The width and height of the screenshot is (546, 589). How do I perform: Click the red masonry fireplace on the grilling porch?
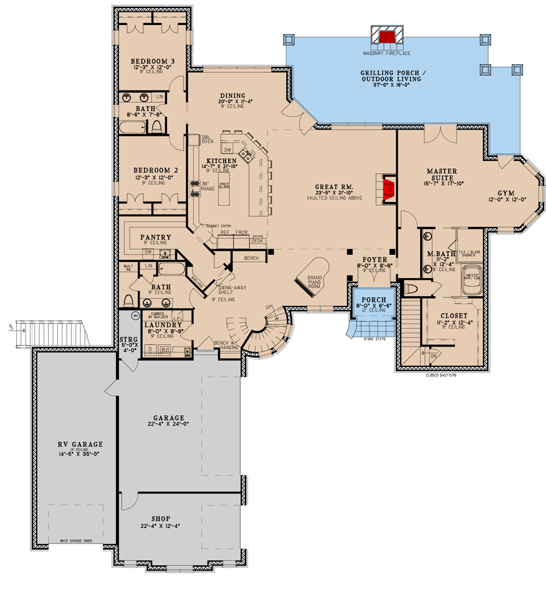pos(388,37)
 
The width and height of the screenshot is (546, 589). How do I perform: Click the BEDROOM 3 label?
pos(153,60)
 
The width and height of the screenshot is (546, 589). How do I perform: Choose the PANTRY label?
pos(156,237)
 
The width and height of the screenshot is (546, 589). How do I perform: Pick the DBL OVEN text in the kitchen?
pos(208,139)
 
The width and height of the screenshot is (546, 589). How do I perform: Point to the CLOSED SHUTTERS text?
pos(440,376)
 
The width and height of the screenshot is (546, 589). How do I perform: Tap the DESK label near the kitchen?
pos(257,240)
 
